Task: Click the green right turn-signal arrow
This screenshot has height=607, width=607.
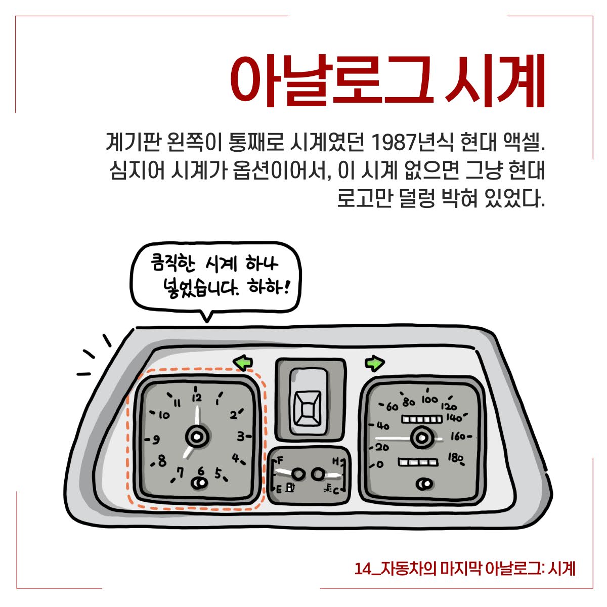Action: click(374, 363)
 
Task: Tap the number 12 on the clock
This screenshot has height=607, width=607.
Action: click(197, 398)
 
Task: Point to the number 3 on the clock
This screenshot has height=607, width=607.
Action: click(241, 436)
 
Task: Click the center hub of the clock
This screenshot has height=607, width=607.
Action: click(197, 437)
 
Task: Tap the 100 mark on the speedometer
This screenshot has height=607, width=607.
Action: click(429, 400)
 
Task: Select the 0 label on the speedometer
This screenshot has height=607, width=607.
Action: click(380, 464)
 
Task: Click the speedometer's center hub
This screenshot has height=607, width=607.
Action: click(421, 437)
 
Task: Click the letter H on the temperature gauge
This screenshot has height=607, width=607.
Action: click(336, 462)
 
